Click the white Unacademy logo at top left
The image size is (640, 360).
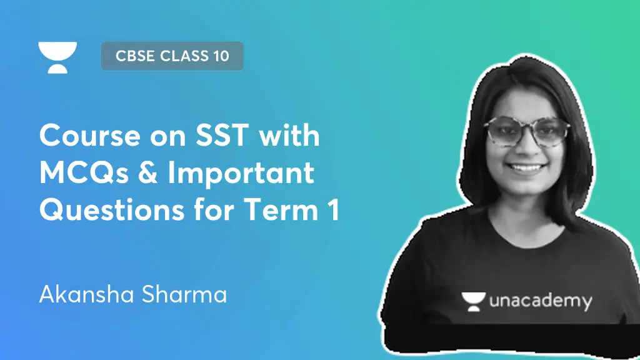(57, 57)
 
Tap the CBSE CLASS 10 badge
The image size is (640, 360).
(172, 56)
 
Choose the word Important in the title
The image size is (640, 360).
(240, 174)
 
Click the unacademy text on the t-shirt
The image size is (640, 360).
(541, 302)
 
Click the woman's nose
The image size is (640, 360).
(526, 149)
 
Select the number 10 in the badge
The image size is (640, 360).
(221, 56)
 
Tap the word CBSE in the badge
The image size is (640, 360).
(135, 56)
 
